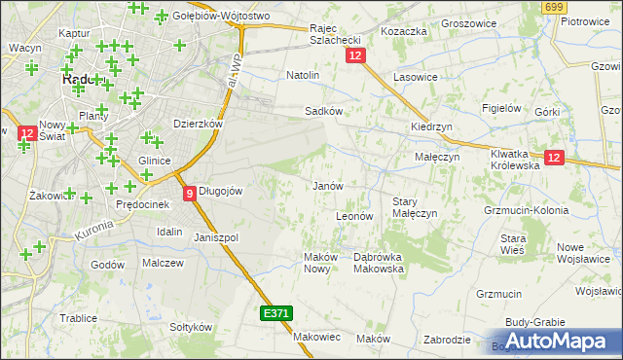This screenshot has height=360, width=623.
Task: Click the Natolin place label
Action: (x=303, y=74)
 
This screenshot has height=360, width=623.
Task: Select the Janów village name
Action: (x=327, y=185)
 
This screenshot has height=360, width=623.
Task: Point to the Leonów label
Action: (x=354, y=215)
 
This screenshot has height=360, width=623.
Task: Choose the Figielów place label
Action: (x=503, y=108)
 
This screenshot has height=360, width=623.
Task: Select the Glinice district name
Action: (x=156, y=161)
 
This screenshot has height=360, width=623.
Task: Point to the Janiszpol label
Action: (x=216, y=237)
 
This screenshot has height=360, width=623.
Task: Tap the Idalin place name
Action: (x=169, y=232)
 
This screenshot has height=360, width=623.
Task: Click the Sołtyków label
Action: (x=191, y=327)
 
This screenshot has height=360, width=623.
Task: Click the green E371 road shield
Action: (x=275, y=313)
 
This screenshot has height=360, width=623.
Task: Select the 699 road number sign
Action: (x=554, y=8)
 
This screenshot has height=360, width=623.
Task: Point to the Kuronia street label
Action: (x=93, y=231)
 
